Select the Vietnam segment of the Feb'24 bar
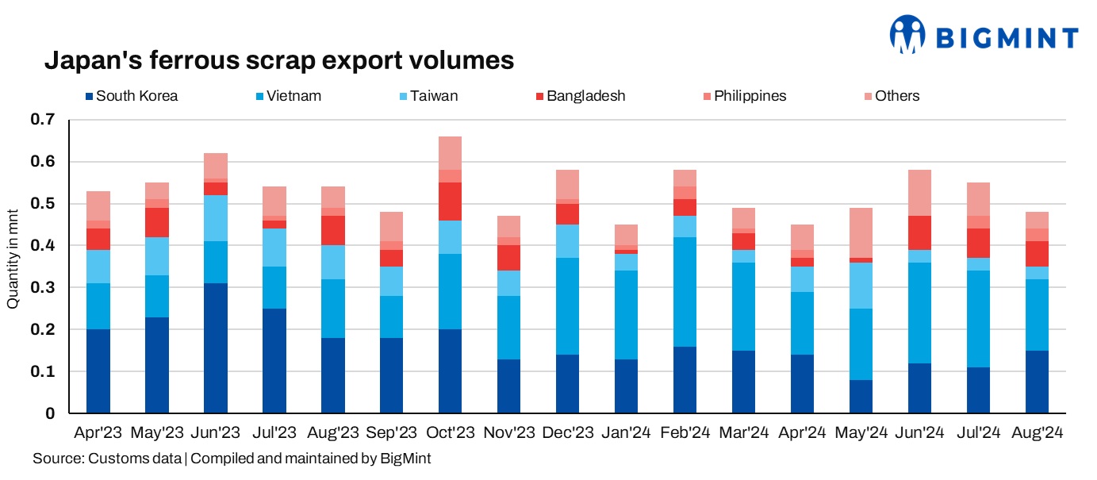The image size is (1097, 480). (x=685, y=291)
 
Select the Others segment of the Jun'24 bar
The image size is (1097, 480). (x=919, y=193)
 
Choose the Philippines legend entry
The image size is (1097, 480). (x=749, y=96)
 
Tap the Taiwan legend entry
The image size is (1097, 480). (x=434, y=96)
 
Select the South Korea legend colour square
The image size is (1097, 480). (x=89, y=97)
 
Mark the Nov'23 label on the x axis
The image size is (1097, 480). (x=508, y=434)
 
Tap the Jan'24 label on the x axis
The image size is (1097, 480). (x=626, y=434)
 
